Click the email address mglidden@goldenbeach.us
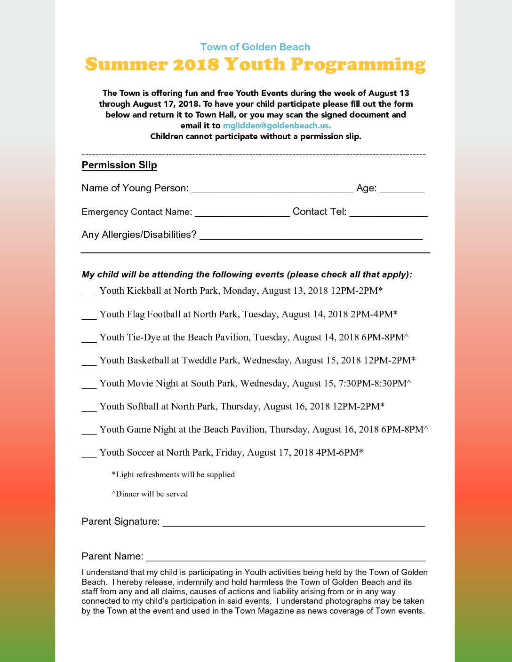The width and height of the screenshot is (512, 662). tap(277, 126)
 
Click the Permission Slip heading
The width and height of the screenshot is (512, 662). tap(119, 165)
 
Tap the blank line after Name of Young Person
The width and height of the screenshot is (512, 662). tap(272, 189)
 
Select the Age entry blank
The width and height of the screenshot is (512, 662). tap(402, 189)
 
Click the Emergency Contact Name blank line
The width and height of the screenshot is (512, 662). tap(242, 213)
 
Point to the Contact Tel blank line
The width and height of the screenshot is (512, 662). tap(388, 213)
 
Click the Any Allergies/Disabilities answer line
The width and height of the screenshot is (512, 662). tap(311, 236)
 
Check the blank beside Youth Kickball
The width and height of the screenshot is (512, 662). tap(89, 292)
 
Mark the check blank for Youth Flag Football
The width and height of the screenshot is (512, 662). tap(89, 315)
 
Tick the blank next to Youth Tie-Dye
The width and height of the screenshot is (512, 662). tap(89, 339)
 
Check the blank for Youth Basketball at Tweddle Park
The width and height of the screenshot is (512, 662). tap(89, 362)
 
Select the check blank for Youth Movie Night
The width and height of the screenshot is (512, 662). tap(89, 385)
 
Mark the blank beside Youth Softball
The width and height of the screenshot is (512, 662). tap(89, 408)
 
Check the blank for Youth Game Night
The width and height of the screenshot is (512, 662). tap(89, 431)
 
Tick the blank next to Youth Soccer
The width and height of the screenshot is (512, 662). tap(89, 454)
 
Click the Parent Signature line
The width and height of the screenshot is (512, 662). tap(294, 522)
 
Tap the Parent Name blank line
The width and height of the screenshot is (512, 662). tap(286, 557)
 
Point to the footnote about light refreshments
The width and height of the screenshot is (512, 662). tap(173, 474)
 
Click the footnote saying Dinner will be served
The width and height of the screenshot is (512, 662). tap(150, 494)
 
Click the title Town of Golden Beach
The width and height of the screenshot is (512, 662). tap(255, 47)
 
